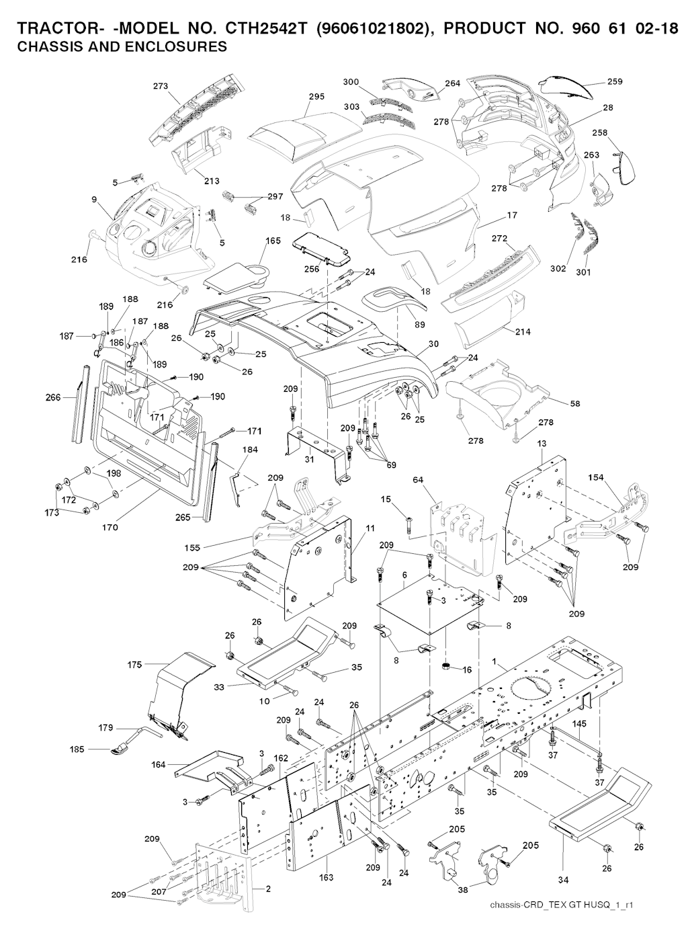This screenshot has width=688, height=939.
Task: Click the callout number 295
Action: [x=316, y=97]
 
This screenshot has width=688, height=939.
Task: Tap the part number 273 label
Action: [x=161, y=86]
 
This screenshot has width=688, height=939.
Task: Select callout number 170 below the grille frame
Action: [x=110, y=527]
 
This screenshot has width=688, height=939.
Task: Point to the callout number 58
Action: [x=575, y=403]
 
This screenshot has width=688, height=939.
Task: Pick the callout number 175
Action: [x=134, y=665]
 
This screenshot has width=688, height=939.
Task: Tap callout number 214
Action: [x=523, y=331]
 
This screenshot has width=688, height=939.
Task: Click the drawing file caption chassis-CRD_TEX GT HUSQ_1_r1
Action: [x=562, y=905]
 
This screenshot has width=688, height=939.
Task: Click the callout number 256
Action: [x=311, y=269]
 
